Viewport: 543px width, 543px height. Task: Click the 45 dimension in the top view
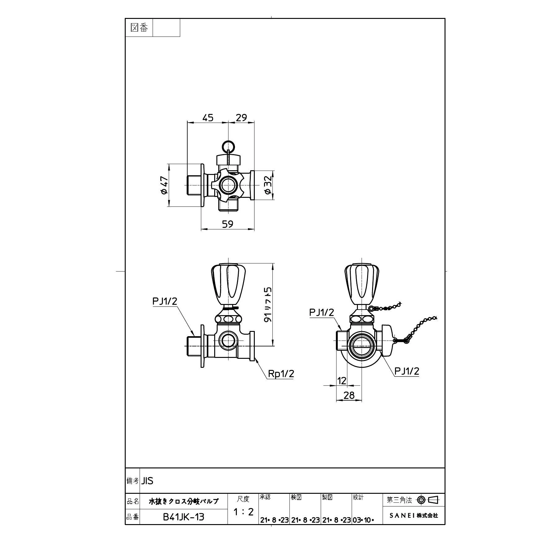click(x=208, y=118)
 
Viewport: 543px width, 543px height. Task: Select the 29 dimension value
click(x=241, y=118)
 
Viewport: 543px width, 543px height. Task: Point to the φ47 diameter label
click(x=164, y=185)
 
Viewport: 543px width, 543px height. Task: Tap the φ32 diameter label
click(x=268, y=185)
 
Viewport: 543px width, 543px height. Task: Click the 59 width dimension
click(x=228, y=224)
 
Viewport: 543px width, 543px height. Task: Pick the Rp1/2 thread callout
click(x=281, y=374)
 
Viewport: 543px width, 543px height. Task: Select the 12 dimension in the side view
click(x=342, y=380)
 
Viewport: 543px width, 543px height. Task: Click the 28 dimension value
click(x=349, y=395)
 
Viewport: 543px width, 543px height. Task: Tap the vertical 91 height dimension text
click(x=268, y=305)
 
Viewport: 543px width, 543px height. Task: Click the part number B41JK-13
click(x=184, y=517)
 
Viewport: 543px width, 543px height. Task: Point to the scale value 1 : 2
click(x=243, y=512)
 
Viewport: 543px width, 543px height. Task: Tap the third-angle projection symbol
click(x=428, y=500)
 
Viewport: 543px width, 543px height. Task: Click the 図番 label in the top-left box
click(x=139, y=28)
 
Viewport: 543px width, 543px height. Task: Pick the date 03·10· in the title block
click(x=363, y=520)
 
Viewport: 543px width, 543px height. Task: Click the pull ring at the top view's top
click(x=228, y=145)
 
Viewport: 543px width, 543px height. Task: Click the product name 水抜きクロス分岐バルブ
click(x=184, y=501)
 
